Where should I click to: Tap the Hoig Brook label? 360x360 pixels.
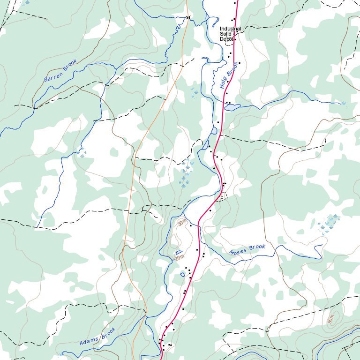point(229,75)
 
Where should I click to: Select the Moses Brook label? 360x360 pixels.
point(247,249)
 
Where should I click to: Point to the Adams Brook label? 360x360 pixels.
point(97,337)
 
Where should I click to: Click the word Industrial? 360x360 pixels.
point(230,29)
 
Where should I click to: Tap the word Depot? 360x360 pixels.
point(226,39)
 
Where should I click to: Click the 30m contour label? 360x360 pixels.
point(182,222)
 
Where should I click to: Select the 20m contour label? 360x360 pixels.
point(179,258)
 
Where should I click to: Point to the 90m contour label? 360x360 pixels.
point(331,319)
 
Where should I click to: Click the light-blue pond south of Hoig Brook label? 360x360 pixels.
point(232,108)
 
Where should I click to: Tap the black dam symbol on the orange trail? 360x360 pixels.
point(189,17)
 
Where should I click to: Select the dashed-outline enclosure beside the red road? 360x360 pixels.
point(223,196)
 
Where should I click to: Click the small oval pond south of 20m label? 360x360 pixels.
point(182,274)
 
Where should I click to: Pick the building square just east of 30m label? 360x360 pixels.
point(191,225)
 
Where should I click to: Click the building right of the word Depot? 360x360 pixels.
point(235,39)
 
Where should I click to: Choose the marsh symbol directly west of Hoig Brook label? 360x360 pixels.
point(194,92)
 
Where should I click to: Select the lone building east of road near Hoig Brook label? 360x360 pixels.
point(239,63)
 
